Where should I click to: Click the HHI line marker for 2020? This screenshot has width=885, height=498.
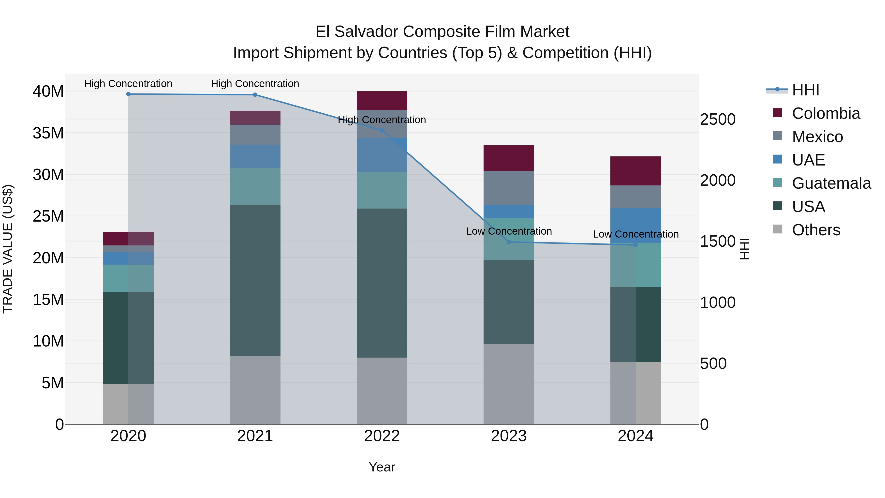tap(128, 94)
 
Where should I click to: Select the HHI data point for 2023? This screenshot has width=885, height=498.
tap(509, 242)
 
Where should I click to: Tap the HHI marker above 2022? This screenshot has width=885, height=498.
tap(382, 131)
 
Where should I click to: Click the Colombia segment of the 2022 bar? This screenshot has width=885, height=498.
tap(382, 101)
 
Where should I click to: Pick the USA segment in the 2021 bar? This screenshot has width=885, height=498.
tap(255, 280)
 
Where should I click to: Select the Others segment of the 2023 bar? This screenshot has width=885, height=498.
tap(509, 384)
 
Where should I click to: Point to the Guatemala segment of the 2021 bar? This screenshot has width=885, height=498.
tap(255, 186)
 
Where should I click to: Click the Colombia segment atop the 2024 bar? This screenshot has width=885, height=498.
tap(635, 171)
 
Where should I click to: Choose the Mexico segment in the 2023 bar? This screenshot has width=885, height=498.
tap(509, 188)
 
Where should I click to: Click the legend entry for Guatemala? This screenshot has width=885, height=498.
tap(831, 183)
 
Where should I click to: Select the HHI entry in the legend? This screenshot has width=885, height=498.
tap(805, 90)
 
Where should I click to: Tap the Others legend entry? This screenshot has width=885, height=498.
tap(816, 230)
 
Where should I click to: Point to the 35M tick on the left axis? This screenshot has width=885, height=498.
tap(48, 133)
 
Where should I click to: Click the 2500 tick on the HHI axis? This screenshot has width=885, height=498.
tap(718, 120)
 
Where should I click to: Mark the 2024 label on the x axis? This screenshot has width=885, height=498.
tap(635, 436)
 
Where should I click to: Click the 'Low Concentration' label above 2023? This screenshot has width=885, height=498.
tap(509, 231)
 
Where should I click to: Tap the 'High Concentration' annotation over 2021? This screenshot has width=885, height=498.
tap(255, 84)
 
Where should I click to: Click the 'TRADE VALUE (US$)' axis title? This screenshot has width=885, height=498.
tap(8, 249)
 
